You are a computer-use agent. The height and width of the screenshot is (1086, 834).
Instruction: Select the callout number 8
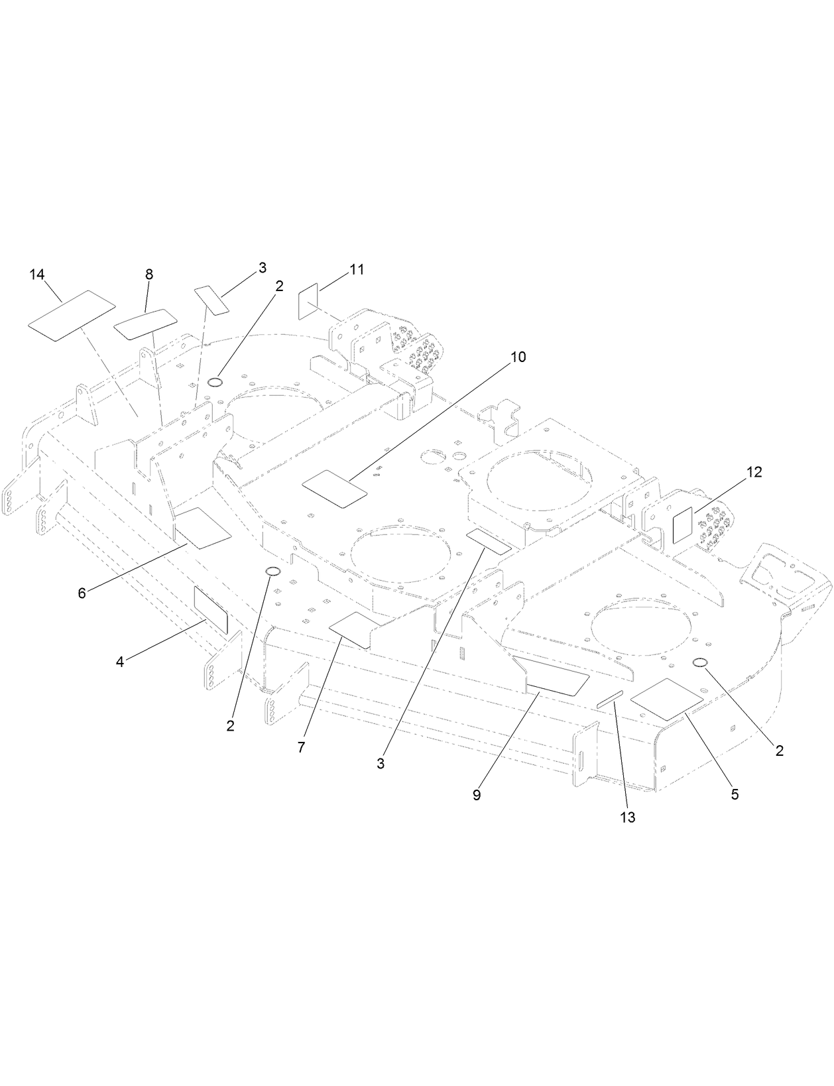point(149,274)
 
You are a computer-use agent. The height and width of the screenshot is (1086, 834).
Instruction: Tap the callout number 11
point(357,270)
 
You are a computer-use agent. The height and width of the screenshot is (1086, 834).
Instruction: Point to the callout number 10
point(518,357)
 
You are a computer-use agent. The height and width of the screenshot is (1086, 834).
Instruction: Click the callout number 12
point(754,472)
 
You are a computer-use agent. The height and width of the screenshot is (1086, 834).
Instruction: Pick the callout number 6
point(82,593)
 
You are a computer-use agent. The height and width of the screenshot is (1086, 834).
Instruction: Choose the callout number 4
point(120,662)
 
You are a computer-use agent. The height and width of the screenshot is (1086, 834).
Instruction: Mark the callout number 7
point(301,747)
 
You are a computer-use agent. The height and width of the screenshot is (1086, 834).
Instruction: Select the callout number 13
point(628,817)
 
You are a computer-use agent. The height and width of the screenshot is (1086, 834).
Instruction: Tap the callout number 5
point(735,794)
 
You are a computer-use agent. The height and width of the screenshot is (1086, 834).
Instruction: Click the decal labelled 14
point(72,314)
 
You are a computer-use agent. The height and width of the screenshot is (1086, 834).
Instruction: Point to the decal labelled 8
point(146,323)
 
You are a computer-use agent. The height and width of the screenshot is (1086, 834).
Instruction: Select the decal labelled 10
point(334,488)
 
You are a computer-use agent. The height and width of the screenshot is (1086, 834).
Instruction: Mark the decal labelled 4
point(210,609)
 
